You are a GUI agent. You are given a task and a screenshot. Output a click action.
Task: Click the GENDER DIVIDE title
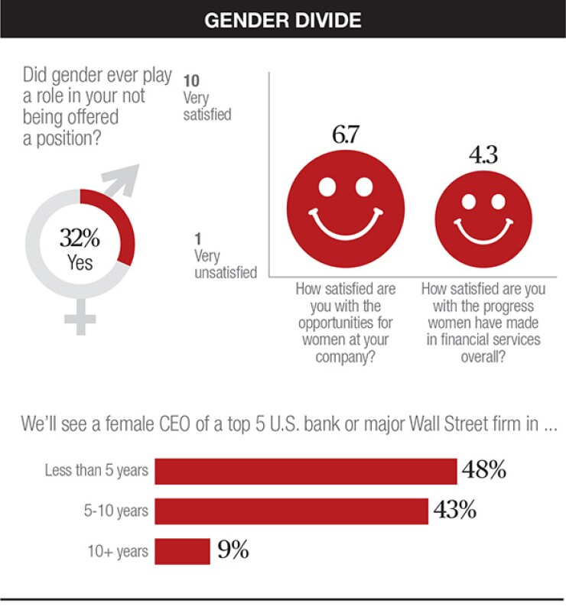(x=282, y=20)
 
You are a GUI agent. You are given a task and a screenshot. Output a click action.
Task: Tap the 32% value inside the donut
(x=80, y=238)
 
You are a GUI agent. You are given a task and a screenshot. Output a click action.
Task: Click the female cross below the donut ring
(x=80, y=316)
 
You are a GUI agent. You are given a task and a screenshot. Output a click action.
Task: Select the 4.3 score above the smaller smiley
(x=483, y=154)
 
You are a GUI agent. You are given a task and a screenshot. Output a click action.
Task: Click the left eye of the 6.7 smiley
(x=327, y=186)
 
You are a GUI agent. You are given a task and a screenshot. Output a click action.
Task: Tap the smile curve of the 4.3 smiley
(x=483, y=232)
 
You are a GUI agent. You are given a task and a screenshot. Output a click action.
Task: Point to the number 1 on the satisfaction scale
(x=197, y=239)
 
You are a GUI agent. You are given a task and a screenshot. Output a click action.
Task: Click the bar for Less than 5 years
(x=305, y=471)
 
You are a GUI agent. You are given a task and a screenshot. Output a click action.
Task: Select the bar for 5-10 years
(x=291, y=511)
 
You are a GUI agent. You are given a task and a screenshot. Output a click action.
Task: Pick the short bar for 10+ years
(x=182, y=550)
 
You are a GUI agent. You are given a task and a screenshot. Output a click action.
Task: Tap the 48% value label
(x=483, y=470)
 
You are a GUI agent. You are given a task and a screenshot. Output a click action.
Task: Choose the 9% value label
(x=233, y=550)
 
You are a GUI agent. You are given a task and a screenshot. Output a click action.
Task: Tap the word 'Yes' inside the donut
(x=80, y=262)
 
